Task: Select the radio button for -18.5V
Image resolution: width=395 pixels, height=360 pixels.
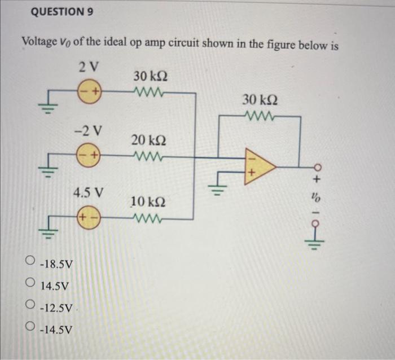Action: [x=31, y=262]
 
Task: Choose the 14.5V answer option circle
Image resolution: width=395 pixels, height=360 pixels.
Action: [x=31, y=285]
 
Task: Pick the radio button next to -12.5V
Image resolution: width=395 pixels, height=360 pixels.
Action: [x=31, y=307]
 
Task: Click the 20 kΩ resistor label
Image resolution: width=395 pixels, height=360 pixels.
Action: [x=149, y=139]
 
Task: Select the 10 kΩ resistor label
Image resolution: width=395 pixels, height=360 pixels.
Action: [x=149, y=201]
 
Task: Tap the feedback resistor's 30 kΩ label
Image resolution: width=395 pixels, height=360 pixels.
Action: [x=260, y=100]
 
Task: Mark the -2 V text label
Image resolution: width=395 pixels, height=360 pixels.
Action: [x=89, y=130]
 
